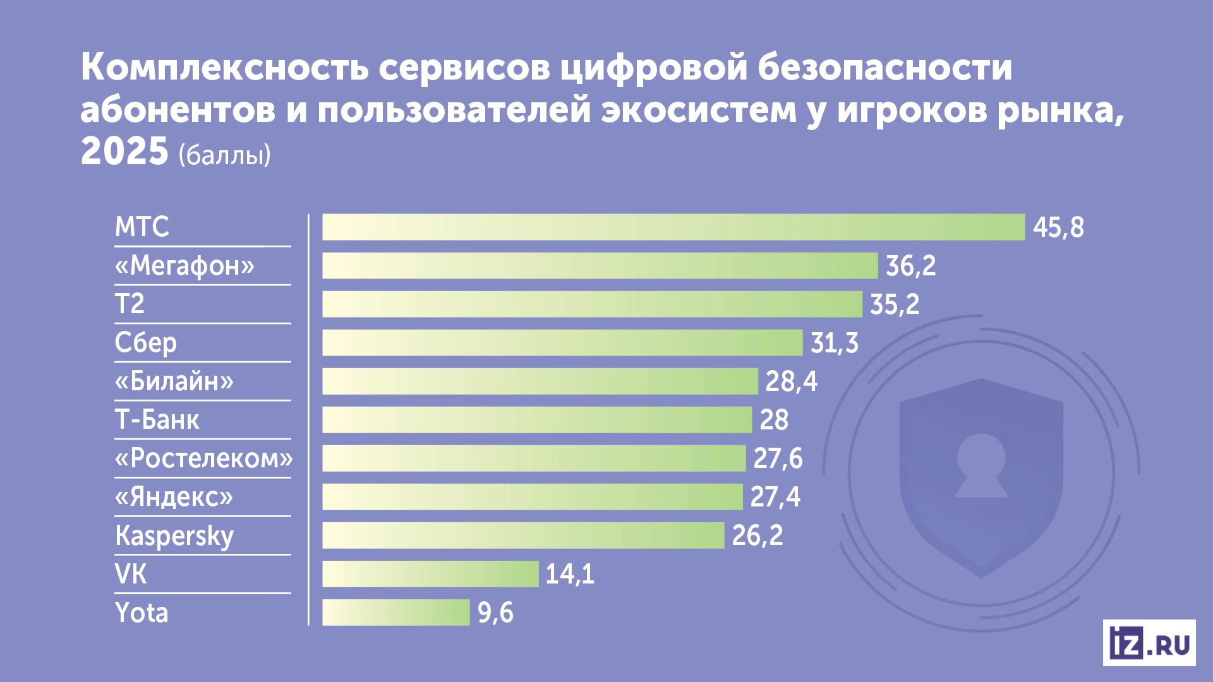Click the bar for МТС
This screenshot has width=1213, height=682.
(673, 227)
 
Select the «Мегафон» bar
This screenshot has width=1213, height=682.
(600, 266)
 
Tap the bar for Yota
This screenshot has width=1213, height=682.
(396, 613)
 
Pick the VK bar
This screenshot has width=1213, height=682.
(430, 574)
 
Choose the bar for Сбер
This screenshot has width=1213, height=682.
(562, 343)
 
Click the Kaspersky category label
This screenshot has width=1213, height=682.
(174, 536)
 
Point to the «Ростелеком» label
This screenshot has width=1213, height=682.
(203, 458)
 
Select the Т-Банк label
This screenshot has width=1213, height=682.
(157, 420)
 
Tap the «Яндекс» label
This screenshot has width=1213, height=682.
(174, 497)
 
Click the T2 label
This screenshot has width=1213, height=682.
(130, 304)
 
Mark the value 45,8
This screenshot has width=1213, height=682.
(1058, 228)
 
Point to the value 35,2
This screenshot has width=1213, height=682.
(895, 305)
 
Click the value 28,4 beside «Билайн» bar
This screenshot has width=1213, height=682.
(791, 382)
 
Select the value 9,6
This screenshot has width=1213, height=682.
(495, 613)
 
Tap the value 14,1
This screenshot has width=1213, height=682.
(569, 575)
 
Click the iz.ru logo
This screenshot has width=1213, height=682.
(1149, 643)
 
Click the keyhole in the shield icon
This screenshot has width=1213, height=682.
(981, 464)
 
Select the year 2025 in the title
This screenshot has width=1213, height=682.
(124, 152)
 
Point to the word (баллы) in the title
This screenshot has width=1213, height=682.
(224, 155)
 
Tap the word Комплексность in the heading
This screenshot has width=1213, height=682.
(224, 68)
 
